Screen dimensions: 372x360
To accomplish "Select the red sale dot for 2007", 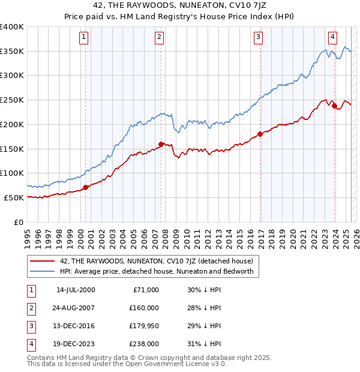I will click(161, 144).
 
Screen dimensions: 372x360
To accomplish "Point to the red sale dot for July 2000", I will click(85, 187).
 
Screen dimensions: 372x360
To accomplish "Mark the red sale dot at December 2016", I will click(260, 134).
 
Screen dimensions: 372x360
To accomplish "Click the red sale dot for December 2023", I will click(334, 106).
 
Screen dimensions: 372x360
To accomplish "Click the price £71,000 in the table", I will click(145, 290).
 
